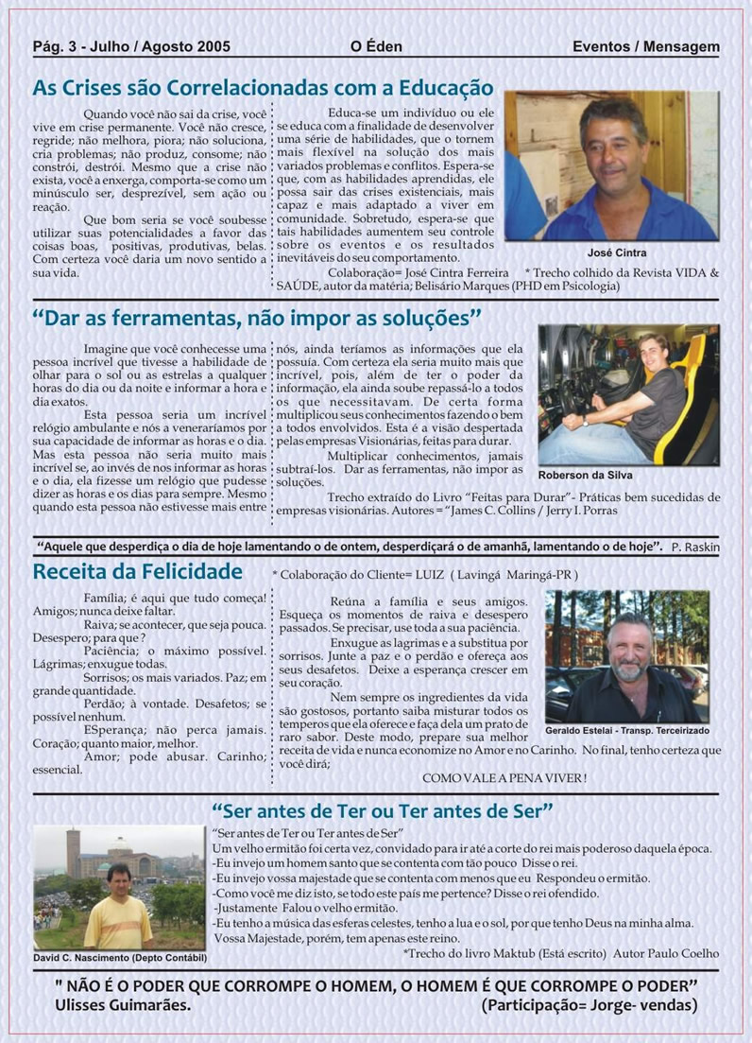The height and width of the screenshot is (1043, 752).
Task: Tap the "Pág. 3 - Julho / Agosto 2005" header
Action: click(131, 46)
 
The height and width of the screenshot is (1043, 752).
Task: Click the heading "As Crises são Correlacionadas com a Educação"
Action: click(263, 88)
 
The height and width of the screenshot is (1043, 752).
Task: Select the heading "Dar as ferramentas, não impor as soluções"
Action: click(257, 315)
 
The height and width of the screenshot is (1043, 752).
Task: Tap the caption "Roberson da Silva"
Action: click(586, 475)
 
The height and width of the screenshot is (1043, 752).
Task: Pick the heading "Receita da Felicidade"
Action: click(138, 571)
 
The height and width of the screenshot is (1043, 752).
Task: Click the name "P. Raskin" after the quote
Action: click(695, 548)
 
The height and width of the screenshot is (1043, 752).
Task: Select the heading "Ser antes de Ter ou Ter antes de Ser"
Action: click(383, 810)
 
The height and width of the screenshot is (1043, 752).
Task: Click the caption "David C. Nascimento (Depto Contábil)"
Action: click(119, 958)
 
